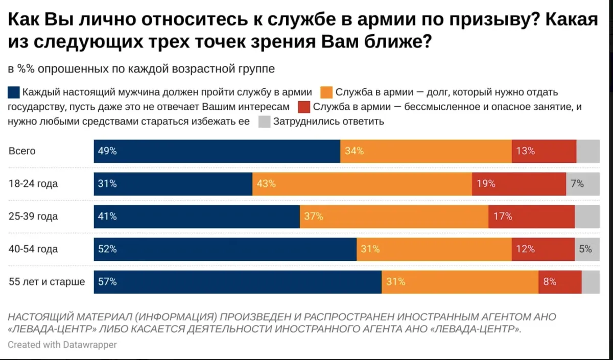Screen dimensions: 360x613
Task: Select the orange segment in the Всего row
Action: point(426,151)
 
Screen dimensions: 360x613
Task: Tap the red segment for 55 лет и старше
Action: point(559,282)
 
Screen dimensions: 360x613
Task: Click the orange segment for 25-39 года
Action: point(393,217)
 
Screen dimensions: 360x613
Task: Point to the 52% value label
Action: point(107,249)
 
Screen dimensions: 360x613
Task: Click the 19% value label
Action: point(486,184)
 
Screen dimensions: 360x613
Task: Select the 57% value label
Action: point(107,282)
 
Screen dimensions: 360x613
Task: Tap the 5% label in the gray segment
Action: point(585,249)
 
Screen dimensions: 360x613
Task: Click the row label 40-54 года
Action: point(33,249)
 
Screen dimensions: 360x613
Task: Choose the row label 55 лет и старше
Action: point(46,282)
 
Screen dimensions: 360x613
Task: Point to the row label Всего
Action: point(22,151)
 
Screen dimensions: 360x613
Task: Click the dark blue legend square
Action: point(14,92)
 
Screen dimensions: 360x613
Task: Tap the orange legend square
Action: point(326,92)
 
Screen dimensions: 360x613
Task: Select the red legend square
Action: point(303,107)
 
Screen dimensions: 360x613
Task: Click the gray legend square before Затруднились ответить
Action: point(264,122)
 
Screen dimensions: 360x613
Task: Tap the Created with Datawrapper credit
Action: point(62,345)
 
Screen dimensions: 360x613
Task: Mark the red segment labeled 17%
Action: point(531,217)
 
